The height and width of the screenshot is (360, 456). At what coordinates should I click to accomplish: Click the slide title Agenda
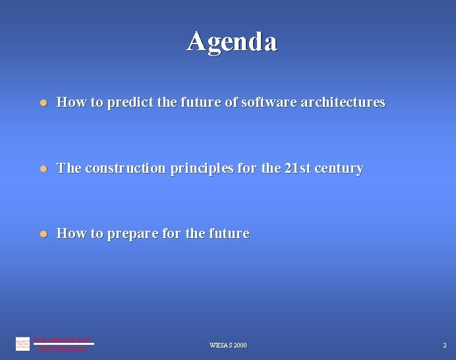pyautogui.click(x=232, y=41)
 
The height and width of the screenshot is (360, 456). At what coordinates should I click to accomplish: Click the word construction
pyautogui.click(x=125, y=169)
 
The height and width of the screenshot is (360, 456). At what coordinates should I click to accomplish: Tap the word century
pyautogui.click(x=339, y=169)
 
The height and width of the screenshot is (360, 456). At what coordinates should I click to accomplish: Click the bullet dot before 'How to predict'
pyautogui.click(x=42, y=103)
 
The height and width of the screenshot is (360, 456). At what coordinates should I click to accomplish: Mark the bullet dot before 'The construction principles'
pyautogui.click(x=42, y=169)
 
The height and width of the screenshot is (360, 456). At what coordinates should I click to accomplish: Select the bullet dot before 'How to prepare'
pyautogui.click(x=42, y=234)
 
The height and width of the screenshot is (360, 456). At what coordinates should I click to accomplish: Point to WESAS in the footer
pyautogui.click(x=220, y=345)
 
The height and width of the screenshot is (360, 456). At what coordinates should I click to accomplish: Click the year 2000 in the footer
pyautogui.click(x=240, y=345)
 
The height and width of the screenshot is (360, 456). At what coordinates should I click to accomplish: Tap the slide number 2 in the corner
pyautogui.click(x=444, y=345)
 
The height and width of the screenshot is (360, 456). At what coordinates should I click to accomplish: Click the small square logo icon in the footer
pyautogui.click(x=22, y=344)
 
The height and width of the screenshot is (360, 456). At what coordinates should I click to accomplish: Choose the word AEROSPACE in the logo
pyautogui.click(x=71, y=340)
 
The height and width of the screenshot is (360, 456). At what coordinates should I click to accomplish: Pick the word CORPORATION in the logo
pyautogui.click(x=61, y=349)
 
